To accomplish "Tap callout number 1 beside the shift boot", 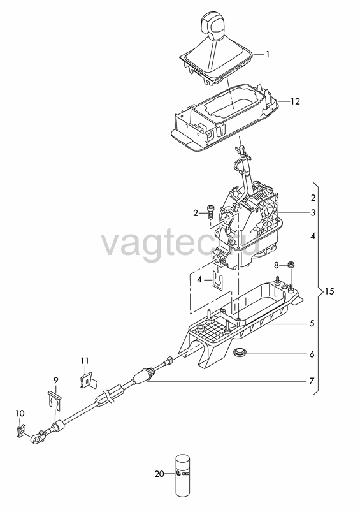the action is (x=268, y=54).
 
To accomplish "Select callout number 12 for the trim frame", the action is (x=294, y=101).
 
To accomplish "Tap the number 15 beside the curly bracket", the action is (x=329, y=291).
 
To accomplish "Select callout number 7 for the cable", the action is (x=312, y=380).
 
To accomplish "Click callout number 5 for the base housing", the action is (x=312, y=323).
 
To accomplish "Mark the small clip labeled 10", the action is (x=21, y=431).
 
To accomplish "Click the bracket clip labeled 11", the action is (x=88, y=381).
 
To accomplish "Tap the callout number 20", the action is (x=159, y=474).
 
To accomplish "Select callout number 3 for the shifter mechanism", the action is (x=312, y=213).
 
